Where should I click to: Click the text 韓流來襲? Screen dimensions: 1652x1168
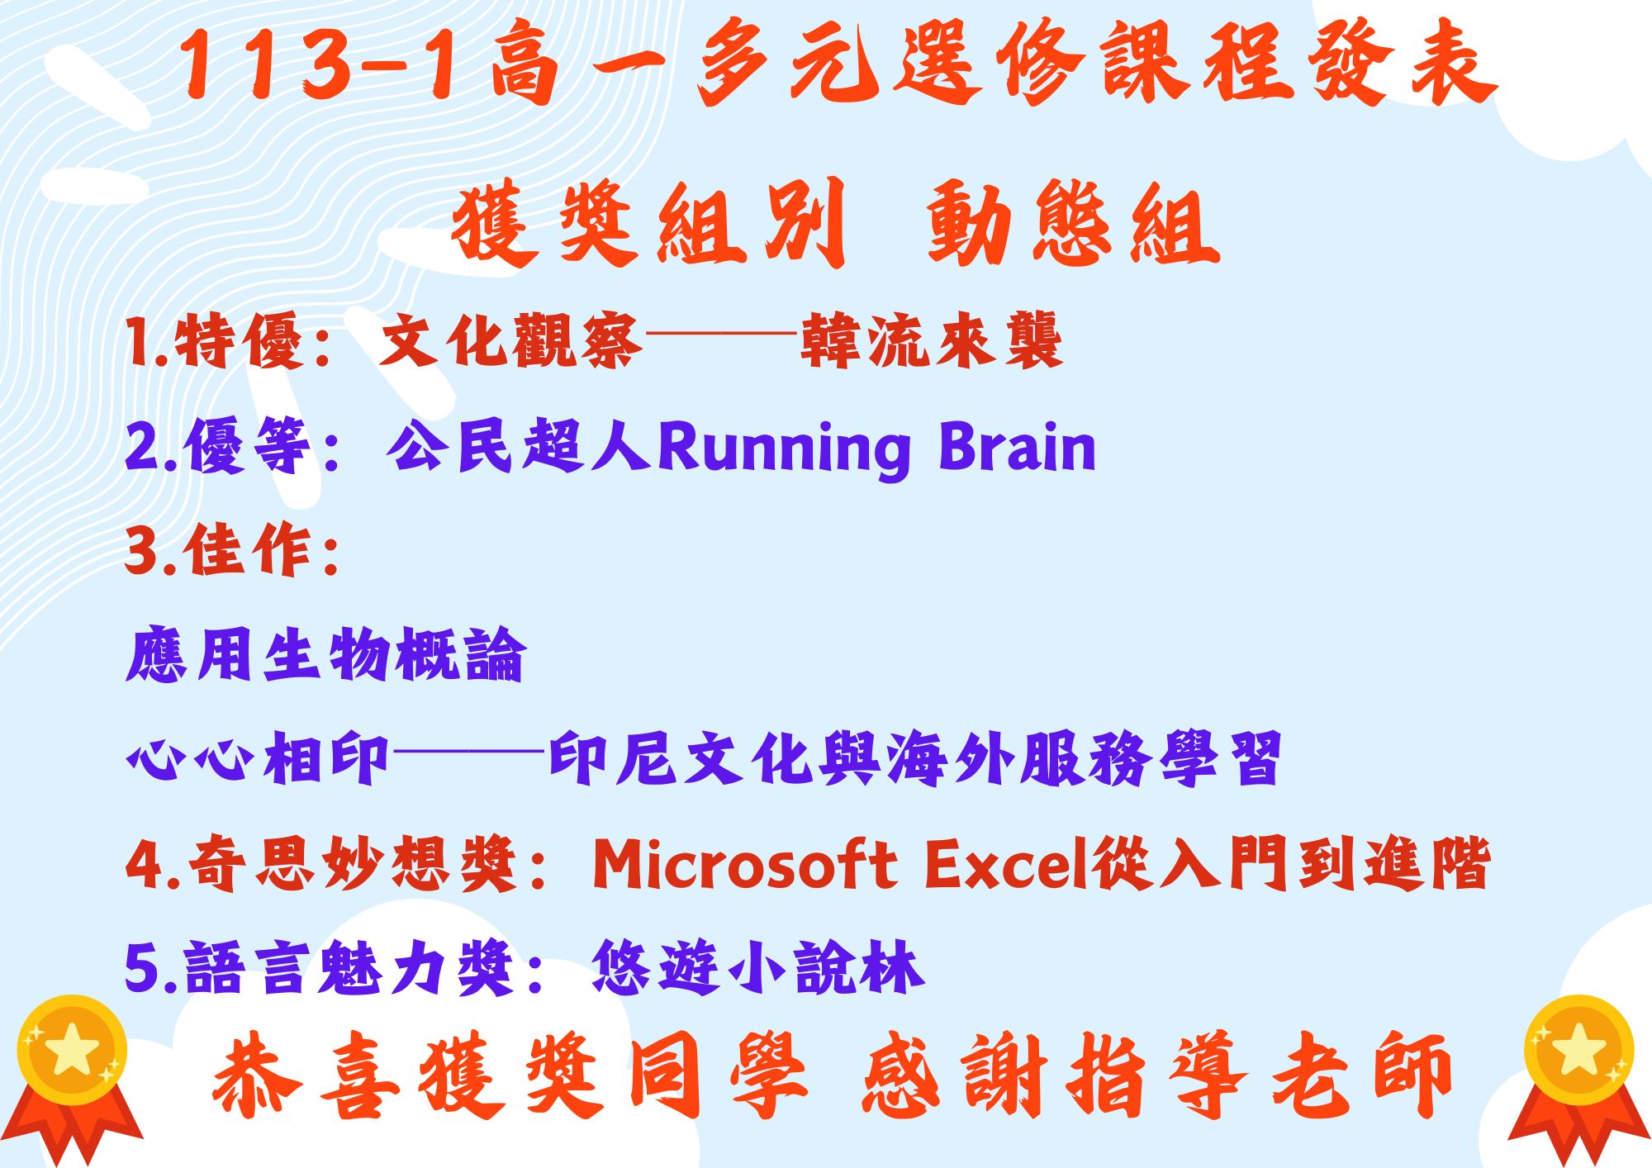(x=932, y=340)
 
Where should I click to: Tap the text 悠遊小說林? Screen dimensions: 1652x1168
(x=757, y=967)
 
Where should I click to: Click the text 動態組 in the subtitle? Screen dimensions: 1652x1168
(x=1073, y=223)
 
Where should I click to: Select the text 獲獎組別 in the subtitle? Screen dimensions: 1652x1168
(x=649, y=223)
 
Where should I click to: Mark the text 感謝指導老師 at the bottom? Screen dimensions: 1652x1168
(x=1156, y=1075)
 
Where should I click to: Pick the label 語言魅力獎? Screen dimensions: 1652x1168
(x=350, y=967)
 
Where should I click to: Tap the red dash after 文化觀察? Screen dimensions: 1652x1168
(x=721, y=335)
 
